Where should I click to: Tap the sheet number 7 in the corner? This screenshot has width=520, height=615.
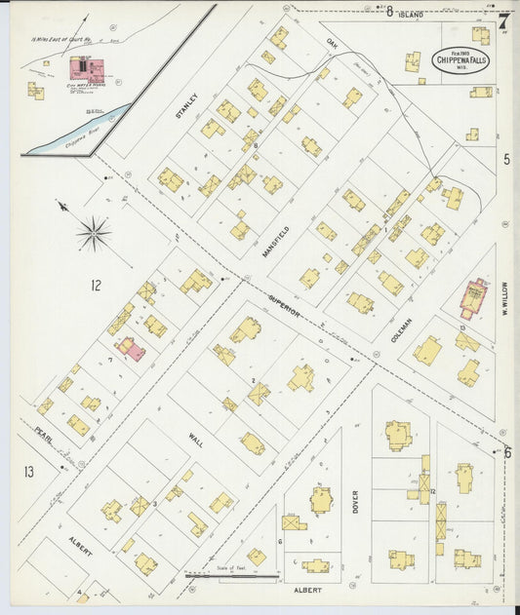point(502,19)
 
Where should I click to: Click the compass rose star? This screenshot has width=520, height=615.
point(94,232)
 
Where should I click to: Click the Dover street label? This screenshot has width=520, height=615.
point(355,501)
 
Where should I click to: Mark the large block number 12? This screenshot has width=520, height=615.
point(95,286)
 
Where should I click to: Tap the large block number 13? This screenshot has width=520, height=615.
point(29,472)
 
